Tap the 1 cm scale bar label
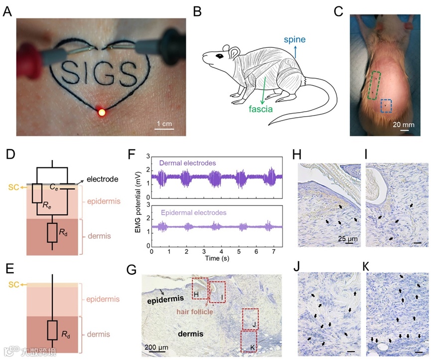coord(164,123)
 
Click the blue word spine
coord(295,38)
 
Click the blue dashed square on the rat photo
coord(386,106)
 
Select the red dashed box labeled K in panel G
coord(249,342)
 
